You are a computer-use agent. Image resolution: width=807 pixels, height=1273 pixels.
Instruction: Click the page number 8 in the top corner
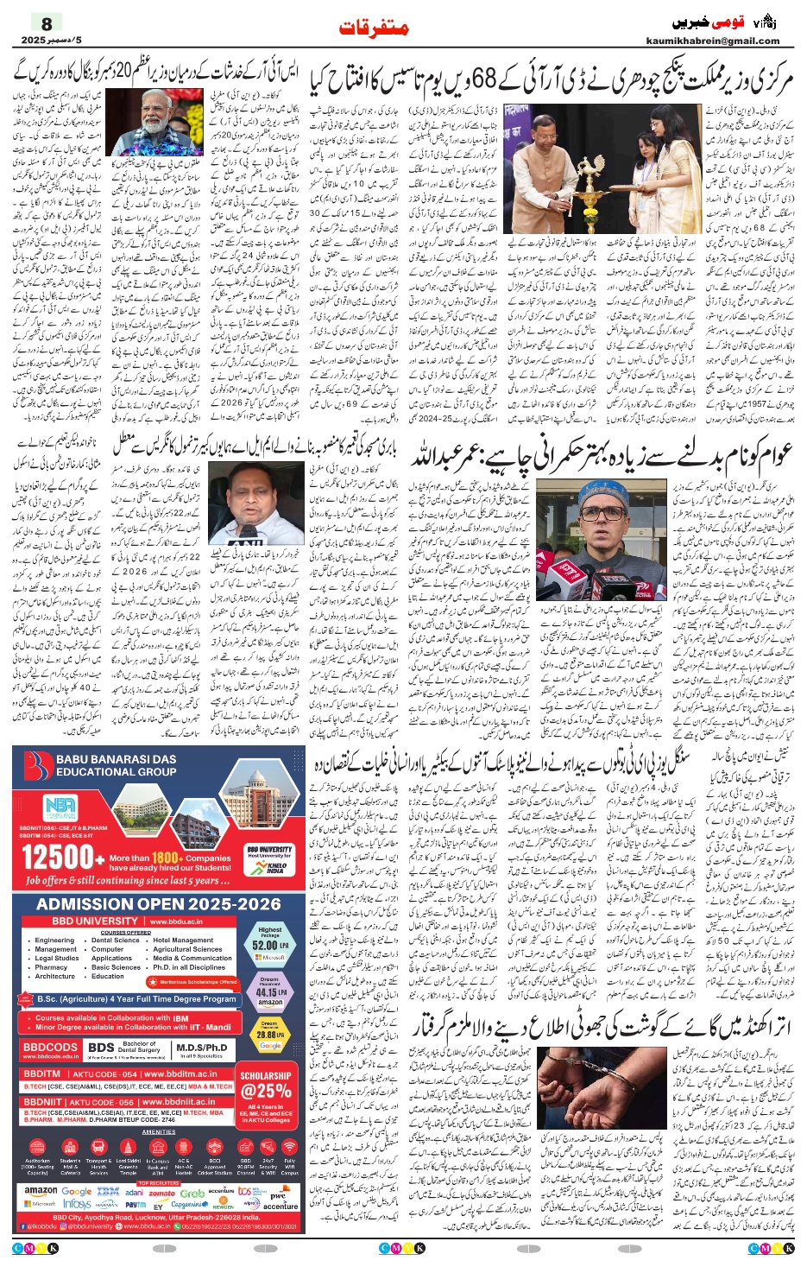(47, 23)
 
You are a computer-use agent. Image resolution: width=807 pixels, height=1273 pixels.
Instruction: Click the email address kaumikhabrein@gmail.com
(712, 41)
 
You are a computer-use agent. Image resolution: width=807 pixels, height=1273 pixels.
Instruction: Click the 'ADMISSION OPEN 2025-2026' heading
(159, 904)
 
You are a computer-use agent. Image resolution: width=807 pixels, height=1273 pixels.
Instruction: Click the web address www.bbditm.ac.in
(180, 1074)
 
